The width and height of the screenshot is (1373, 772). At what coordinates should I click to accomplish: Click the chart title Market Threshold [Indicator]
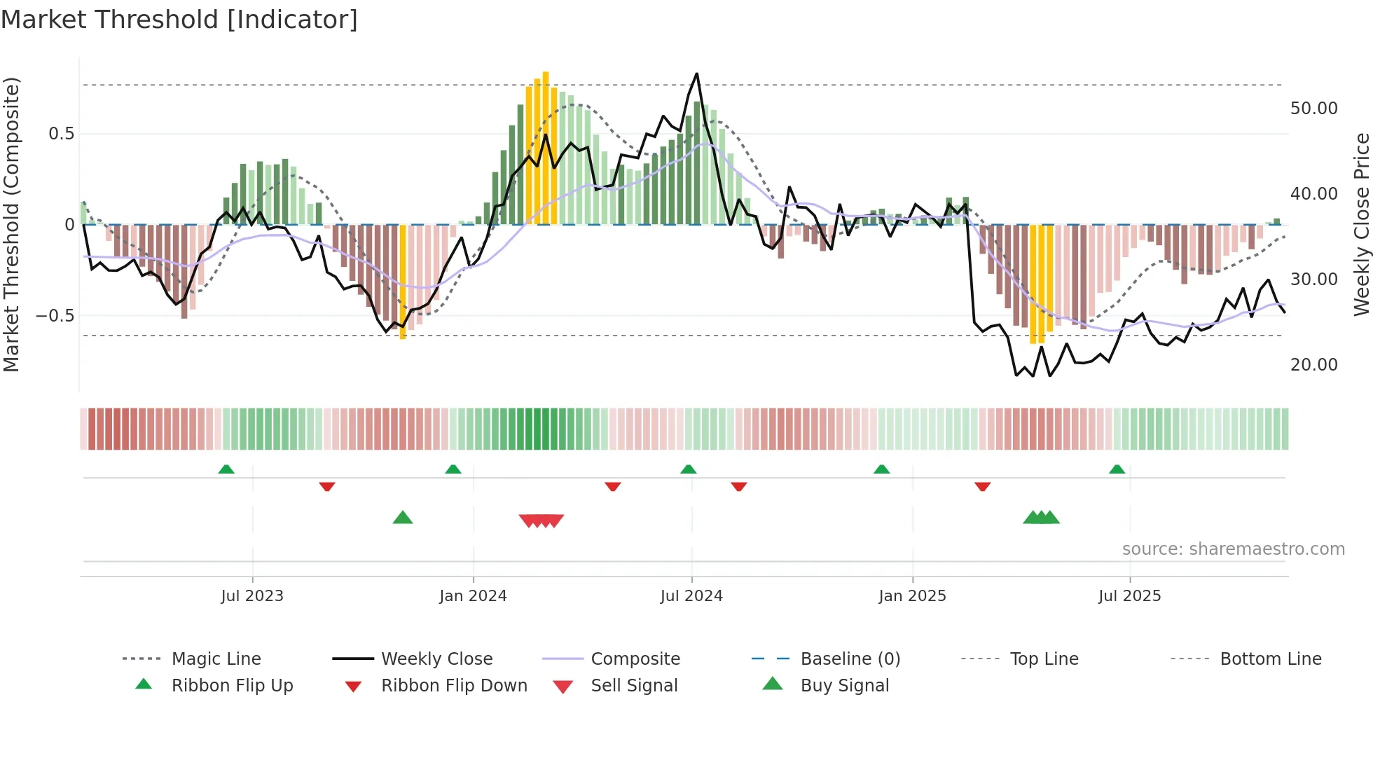(179, 20)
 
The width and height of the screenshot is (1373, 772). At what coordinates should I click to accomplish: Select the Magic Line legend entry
(216, 659)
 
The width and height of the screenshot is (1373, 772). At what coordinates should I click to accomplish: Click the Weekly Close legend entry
(436, 659)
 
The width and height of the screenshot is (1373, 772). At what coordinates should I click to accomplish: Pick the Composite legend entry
(635, 659)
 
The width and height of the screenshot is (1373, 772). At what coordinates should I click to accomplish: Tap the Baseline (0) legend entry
(850, 659)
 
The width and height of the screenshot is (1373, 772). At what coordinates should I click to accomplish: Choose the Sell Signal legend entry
(634, 685)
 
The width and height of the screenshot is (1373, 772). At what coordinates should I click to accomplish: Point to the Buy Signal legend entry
(844, 685)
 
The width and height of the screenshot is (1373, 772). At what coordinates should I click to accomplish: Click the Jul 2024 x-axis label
(691, 595)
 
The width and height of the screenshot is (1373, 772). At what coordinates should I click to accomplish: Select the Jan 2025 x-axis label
(912, 595)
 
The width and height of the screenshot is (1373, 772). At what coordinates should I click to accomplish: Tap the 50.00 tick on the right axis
(1313, 109)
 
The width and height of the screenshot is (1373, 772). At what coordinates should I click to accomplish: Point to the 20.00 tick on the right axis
(1313, 365)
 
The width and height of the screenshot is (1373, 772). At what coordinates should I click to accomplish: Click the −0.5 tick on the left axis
(55, 316)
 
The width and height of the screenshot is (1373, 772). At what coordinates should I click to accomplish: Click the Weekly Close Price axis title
(1361, 224)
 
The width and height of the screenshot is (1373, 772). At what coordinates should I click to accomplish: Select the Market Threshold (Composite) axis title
(11, 224)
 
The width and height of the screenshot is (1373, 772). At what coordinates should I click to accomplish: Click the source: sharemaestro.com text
(1233, 549)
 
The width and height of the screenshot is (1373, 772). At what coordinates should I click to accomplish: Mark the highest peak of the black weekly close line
(696, 74)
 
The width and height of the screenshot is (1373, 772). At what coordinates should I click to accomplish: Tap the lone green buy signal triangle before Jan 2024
(403, 518)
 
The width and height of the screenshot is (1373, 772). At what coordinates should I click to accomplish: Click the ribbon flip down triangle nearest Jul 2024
(738, 486)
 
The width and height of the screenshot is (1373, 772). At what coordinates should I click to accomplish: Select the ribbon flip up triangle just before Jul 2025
(1117, 469)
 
